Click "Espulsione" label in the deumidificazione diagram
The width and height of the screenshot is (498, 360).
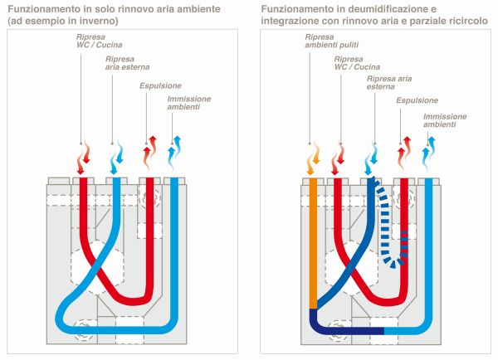[417, 100]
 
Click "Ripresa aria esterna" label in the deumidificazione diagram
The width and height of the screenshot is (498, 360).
[385, 81]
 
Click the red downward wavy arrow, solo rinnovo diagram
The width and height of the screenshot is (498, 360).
[83, 156]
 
